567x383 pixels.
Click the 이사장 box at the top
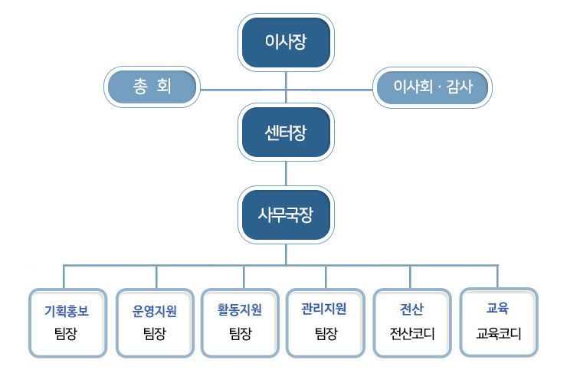[286, 42]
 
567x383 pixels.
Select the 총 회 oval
[152, 87]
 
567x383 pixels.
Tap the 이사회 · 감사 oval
[432, 87]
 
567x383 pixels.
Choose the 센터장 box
[286, 133]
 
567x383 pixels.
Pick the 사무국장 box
[286, 214]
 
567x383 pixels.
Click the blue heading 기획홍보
[67, 311]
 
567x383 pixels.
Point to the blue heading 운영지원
[155, 311]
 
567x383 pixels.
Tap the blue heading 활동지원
[239, 309]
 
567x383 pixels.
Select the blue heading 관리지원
[324, 309]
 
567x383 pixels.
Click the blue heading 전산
[411, 309]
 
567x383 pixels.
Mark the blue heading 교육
[497, 308]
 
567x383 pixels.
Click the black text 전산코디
[412, 333]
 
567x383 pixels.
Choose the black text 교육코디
[499, 333]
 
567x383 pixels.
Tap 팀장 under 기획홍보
[66, 333]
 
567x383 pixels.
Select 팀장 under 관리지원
[326, 333]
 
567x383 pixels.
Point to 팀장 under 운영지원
[155, 333]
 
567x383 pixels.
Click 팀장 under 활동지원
[241, 333]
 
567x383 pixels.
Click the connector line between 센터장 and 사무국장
[286, 174]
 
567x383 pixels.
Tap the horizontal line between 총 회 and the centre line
[243, 90]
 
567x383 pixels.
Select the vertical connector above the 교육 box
[497, 277]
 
